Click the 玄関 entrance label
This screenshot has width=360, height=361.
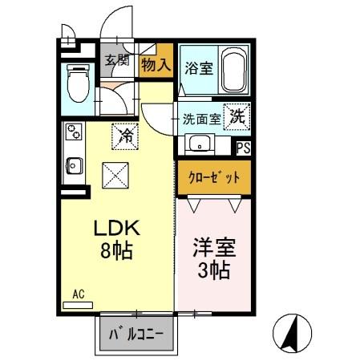117,60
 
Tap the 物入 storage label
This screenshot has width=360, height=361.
156,63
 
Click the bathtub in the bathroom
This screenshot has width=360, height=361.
233,72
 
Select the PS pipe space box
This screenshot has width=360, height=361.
242,147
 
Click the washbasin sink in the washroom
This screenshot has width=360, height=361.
198,145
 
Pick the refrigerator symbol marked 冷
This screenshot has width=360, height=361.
126,134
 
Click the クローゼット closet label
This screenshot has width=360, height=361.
213,176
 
